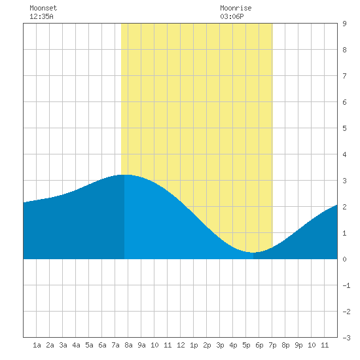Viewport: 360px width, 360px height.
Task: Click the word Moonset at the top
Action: click(x=43, y=8)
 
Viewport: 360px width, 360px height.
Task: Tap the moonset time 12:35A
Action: click(x=41, y=16)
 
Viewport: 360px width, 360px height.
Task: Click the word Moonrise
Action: click(x=236, y=8)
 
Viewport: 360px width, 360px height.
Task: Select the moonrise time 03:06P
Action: click(x=232, y=16)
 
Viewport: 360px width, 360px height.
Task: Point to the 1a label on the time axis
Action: click(x=37, y=345)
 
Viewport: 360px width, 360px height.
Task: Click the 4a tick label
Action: click(x=76, y=345)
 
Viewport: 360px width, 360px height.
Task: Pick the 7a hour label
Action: click(x=115, y=345)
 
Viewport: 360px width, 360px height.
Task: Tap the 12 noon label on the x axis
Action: click(x=181, y=345)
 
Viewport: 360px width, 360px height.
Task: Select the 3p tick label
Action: click(x=220, y=345)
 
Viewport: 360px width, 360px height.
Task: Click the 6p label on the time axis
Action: click(x=259, y=345)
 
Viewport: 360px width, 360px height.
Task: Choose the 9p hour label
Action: click(x=298, y=345)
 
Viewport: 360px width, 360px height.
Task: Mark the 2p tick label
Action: click(x=207, y=345)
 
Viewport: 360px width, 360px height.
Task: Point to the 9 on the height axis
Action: click(x=344, y=24)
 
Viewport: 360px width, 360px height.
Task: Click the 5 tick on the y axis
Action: click(x=344, y=128)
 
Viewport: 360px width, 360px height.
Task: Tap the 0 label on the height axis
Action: click(x=344, y=259)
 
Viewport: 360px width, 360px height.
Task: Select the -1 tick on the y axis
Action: click(x=346, y=285)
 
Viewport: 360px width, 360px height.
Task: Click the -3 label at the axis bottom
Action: click(x=346, y=338)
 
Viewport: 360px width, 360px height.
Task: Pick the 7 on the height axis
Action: click(x=344, y=76)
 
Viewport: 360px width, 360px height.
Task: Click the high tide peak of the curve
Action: click(x=124, y=175)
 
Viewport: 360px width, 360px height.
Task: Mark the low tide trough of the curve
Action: click(x=253, y=253)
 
